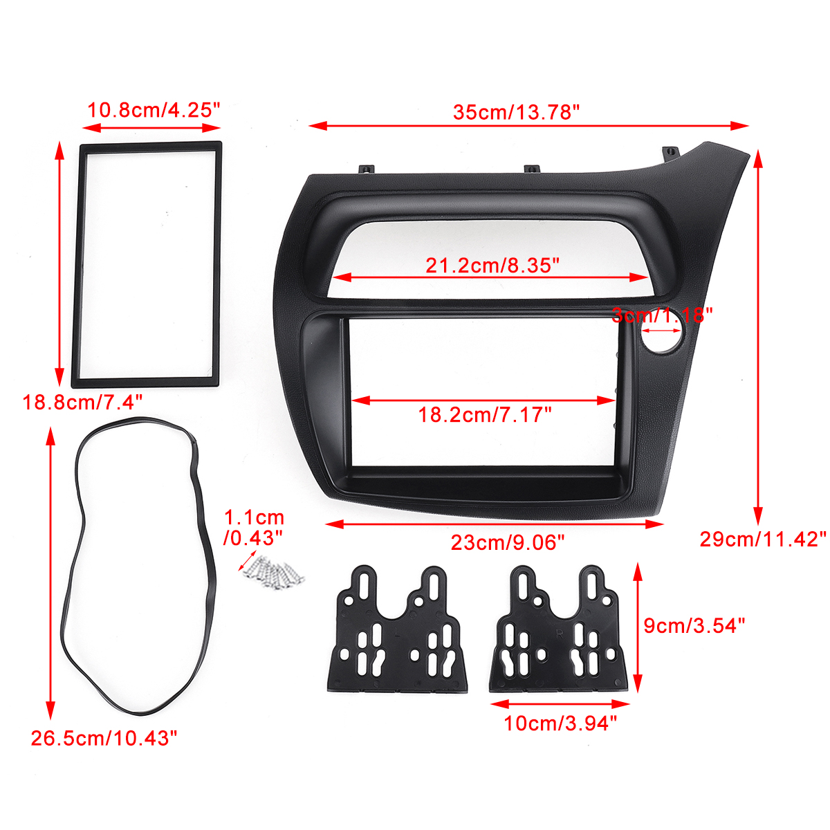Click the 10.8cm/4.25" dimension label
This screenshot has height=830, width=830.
click(154, 109)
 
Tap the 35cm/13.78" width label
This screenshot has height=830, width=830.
click(516, 111)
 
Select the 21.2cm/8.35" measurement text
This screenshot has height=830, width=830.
click(492, 264)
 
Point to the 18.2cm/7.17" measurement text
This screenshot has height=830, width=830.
click(485, 415)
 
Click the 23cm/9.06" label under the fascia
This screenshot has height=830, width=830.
click(508, 542)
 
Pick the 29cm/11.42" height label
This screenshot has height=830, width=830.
click(763, 539)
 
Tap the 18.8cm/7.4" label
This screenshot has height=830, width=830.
click(83, 401)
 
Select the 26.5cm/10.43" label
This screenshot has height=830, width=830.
click(104, 738)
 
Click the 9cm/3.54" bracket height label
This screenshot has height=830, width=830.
click(694, 625)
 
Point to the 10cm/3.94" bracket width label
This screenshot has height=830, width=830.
click(560, 723)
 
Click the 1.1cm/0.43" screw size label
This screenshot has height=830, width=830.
click(254, 527)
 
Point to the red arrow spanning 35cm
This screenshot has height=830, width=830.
click(529, 126)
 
